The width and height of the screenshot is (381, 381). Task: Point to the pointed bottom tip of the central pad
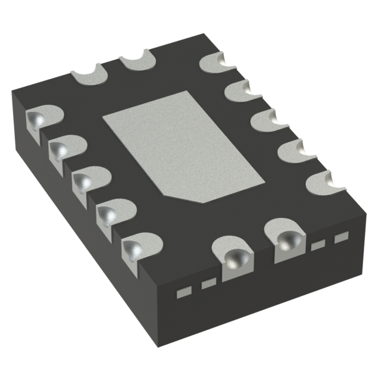coord(205,201)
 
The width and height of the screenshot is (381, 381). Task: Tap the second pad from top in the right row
coord(241,92)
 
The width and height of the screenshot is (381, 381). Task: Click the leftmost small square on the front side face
coord(185,291)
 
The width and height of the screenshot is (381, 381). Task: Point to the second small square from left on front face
coord(207,284)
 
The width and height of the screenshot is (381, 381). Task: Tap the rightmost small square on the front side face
coord(340,238)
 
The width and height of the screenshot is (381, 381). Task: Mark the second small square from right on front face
coord(319,245)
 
